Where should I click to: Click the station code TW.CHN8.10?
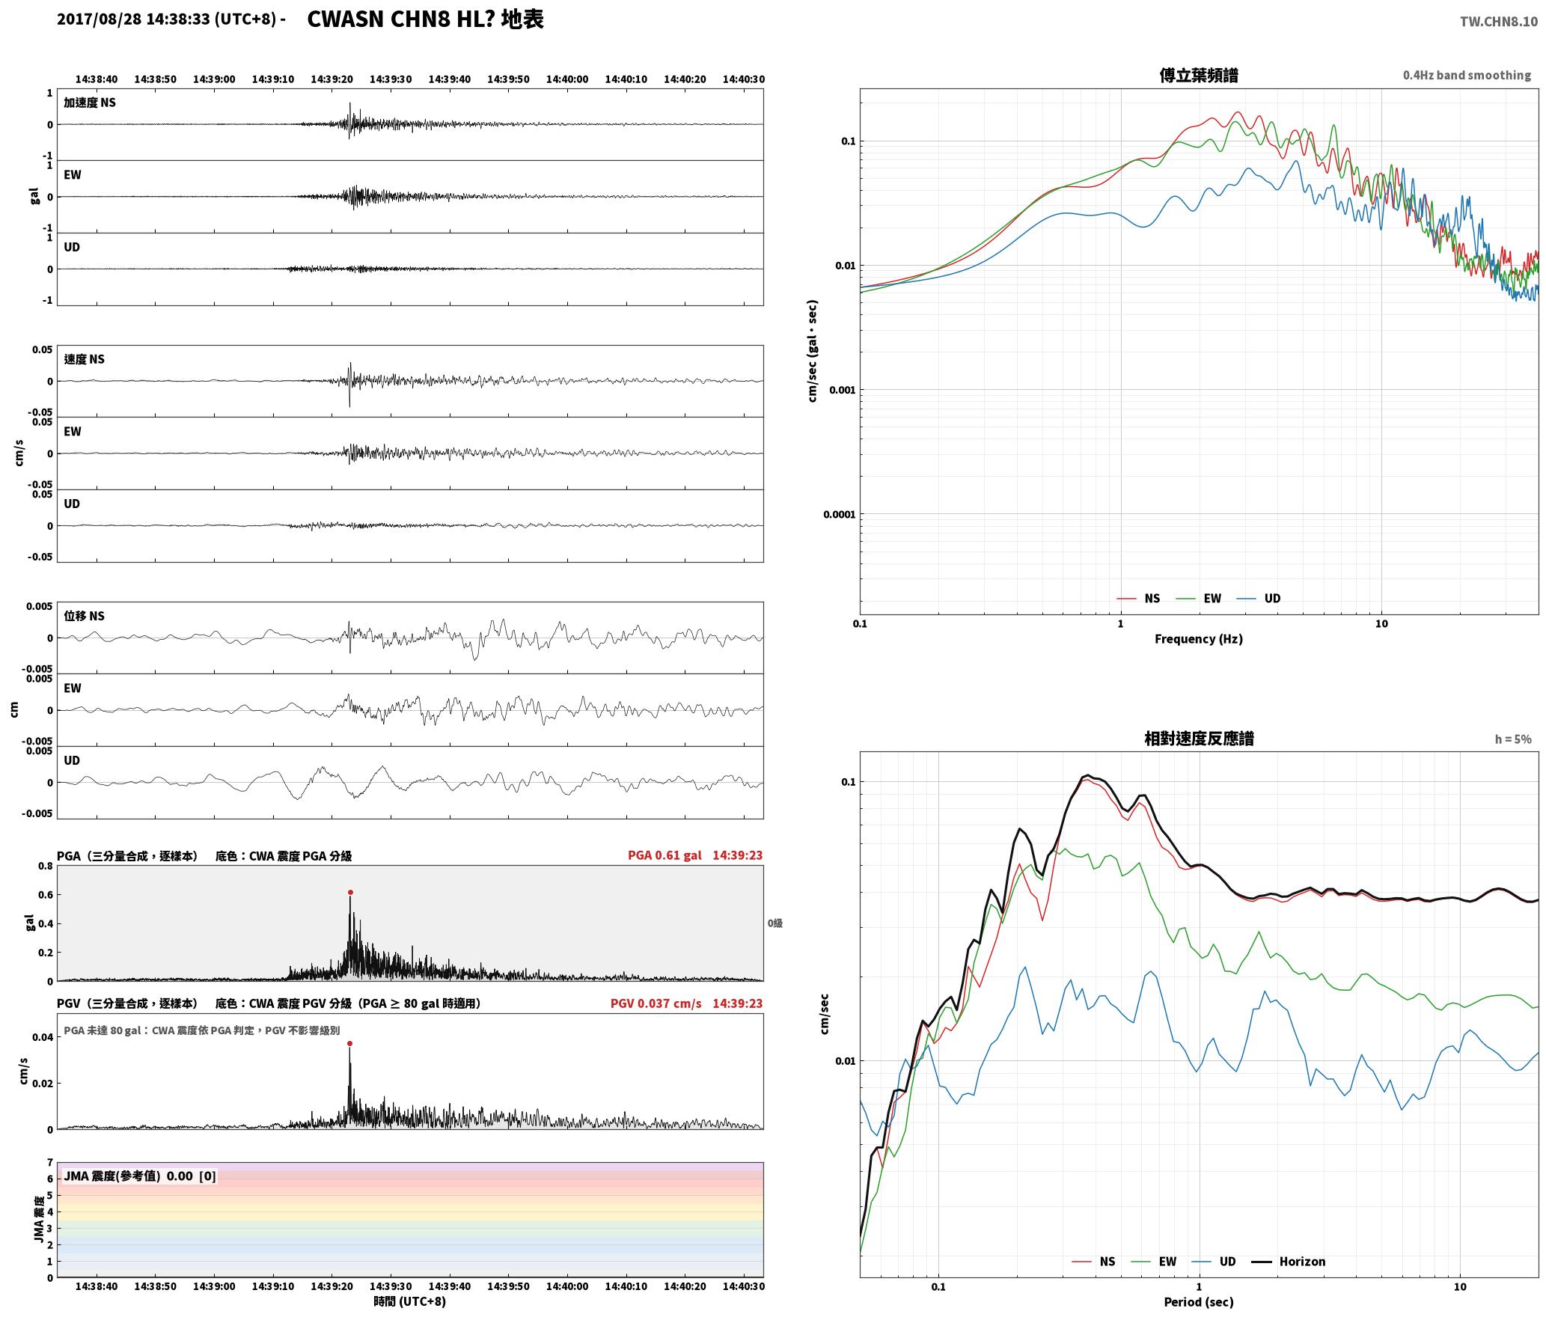[x=1498, y=22]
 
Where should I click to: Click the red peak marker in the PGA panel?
[x=350, y=892]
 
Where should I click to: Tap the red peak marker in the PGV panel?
[x=349, y=1043]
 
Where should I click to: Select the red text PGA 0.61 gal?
[x=664, y=855]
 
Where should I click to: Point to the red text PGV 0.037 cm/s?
[x=656, y=1003]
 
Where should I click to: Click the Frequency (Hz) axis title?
[x=1198, y=638]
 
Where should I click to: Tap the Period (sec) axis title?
[x=1198, y=1302]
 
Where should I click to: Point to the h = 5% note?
[x=1513, y=739]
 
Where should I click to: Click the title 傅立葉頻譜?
[x=1198, y=75]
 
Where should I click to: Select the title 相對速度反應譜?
[x=1199, y=739]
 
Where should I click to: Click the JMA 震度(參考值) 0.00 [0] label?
[x=140, y=1176]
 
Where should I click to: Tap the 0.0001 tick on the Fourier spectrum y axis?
[x=839, y=514]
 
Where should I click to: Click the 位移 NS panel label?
[x=84, y=616]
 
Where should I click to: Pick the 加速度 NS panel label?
[x=90, y=103]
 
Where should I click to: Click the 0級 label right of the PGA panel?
[x=774, y=923]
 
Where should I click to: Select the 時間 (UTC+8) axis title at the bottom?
[x=410, y=1301]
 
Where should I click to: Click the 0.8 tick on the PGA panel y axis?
[x=46, y=866]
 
